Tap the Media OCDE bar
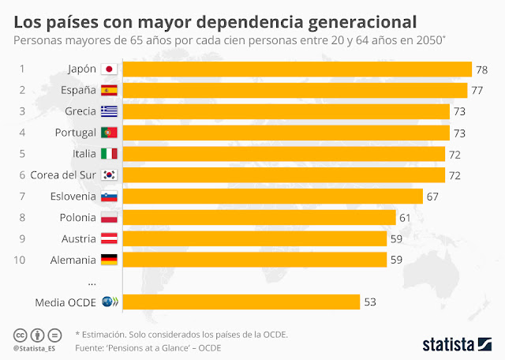coord(241,302)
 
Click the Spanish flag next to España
coord(109,91)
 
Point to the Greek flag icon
coord(109,111)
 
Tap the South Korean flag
coord(109,174)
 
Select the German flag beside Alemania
coord(109,259)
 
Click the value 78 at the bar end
coord(481,70)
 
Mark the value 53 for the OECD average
coord(371,302)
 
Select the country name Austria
coord(78,238)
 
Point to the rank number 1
coord(23,69)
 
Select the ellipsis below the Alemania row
coord(92,281)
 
